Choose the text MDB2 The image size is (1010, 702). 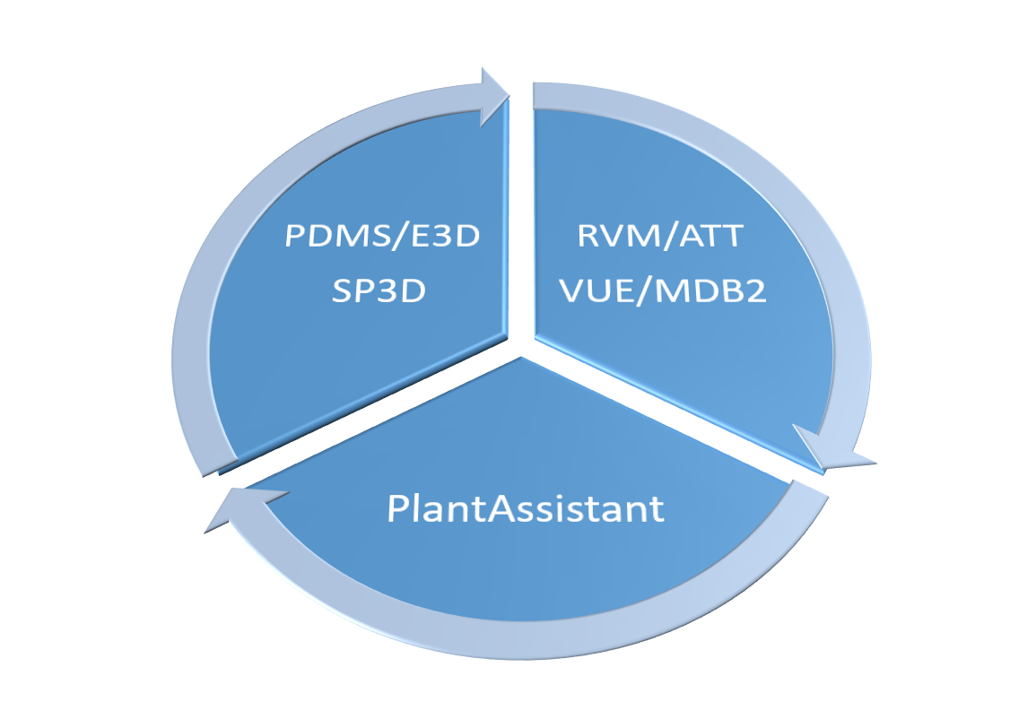712,290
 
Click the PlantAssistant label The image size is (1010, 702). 526,508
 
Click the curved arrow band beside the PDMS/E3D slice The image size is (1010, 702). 193,296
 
